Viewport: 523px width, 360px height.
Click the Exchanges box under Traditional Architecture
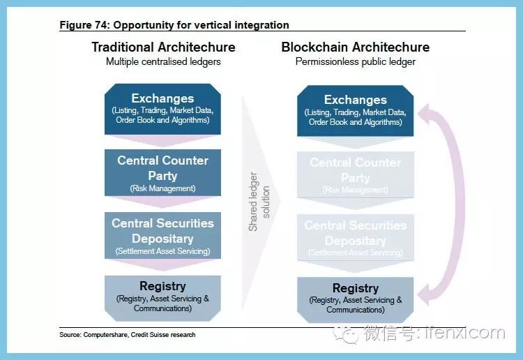coord(162,109)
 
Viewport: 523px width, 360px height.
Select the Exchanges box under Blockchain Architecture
coord(355,110)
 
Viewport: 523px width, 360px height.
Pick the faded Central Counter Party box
coord(355,175)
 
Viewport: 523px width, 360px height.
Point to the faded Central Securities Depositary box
coord(355,238)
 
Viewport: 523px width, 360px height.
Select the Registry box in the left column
coord(162,297)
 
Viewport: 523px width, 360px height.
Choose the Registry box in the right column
coord(355,299)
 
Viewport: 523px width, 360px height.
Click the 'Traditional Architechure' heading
coord(163,47)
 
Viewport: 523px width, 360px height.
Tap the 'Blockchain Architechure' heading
coord(355,47)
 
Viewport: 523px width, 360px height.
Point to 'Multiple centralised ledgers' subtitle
coord(163,61)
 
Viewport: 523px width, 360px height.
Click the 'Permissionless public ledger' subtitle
coord(355,61)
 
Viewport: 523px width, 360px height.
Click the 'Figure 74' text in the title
coord(83,25)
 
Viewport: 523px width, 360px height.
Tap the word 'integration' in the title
coord(262,25)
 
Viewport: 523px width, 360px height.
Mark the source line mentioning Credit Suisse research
coord(128,335)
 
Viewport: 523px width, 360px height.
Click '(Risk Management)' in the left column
coord(162,188)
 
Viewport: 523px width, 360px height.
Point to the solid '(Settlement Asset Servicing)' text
coord(162,251)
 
